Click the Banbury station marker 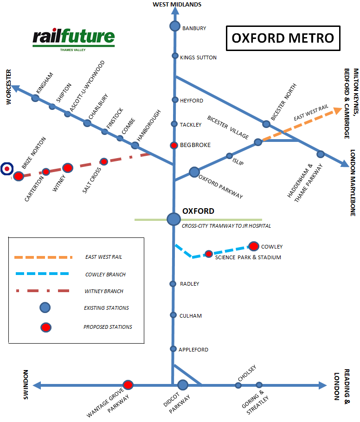pyautogui.click(x=174, y=26)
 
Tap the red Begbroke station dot pyautogui.click(x=174, y=145)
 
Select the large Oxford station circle pyautogui.click(x=174, y=219)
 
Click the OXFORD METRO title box pyautogui.click(x=283, y=38)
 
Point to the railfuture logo pyautogui.click(x=74, y=40)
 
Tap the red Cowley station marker pyautogui.click(x=254, y=246)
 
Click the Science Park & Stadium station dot pyautogui.click(x=209, y=254)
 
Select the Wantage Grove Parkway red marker pyautogui.click(x=128, y=385)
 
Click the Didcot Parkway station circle pyautogui.click(x=183, y=385)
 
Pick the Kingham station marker pyautogui.click(x=36, y=98)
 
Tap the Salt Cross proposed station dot pyautogui.click(x=104, y=161)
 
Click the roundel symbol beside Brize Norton pyautogui.click(x=7, y=169)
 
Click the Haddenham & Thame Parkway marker pyautogui.click(x=320, y=154)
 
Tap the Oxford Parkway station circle pyautogui.click(x=194, y=172)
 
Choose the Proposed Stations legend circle pyautogui.click(x=45, y=327)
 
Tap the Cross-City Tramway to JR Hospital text pyautogui.click(x=226, y=226)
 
